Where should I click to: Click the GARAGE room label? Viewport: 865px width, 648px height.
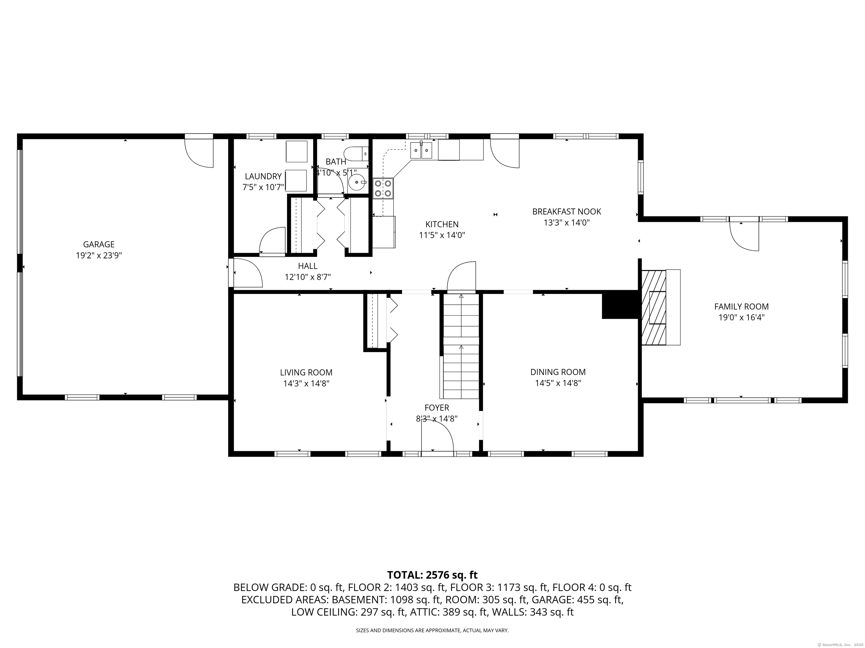click(99, 244)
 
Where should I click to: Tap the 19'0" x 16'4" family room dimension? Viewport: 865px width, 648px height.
click(741, 318)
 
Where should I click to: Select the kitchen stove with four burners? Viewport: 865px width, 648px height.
click(383, 188)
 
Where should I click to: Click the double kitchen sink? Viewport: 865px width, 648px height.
click(421, 150)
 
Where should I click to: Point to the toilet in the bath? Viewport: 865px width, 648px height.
click(356, 154)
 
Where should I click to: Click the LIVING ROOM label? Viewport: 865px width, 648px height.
click(306, 373)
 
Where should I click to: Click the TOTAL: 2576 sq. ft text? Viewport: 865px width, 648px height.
click(432, 575)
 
